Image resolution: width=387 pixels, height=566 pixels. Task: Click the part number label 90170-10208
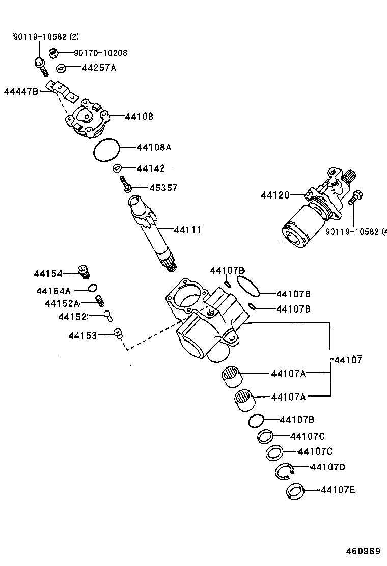(100, 53)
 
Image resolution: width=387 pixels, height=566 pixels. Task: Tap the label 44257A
(98, 68)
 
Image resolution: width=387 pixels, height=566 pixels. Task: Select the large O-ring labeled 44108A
(107, 150)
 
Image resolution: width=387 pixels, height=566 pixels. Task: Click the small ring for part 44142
(117, 168)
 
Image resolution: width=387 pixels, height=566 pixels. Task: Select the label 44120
(275, 195)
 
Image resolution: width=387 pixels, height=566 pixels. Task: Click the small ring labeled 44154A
(93, 289)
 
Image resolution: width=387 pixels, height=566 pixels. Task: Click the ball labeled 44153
(118, 333)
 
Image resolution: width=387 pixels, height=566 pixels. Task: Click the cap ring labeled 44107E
(295, 492)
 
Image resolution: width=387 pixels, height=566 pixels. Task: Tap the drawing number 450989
(363, 551)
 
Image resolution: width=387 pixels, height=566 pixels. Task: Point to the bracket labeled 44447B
(61, 90)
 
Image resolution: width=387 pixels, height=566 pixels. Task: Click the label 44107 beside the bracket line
(348, 360)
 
